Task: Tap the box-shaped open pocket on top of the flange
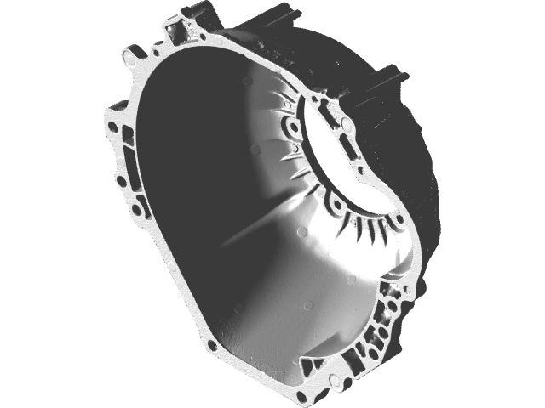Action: [x=181, y=33]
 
